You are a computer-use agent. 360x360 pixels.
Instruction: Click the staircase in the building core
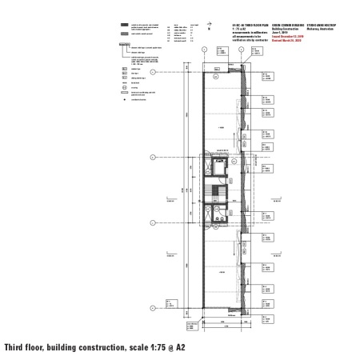click(x=213, y=194)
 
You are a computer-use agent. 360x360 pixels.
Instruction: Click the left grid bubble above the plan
click(x=205, y=50)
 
